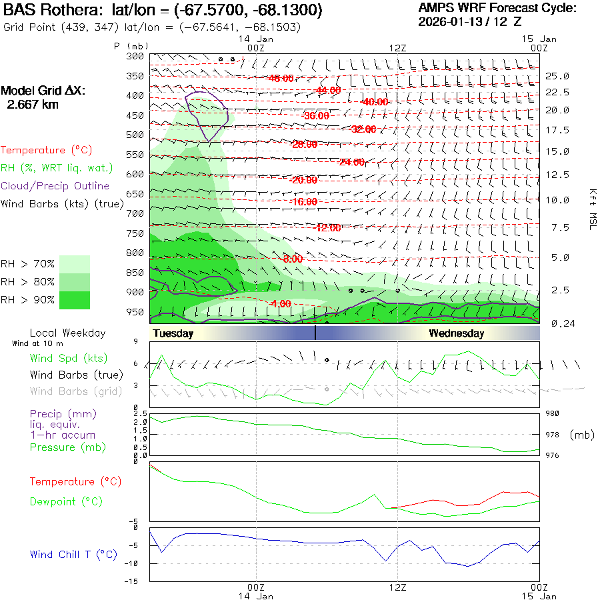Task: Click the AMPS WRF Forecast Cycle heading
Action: coord(497,8)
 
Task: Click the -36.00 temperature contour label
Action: coord(315,116)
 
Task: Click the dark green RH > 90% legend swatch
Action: coord(74,300)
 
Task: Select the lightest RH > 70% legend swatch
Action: coord(74,264)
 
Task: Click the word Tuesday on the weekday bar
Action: coord(173,333)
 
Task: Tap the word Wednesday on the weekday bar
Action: coord(456,333)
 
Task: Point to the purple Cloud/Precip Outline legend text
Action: coord(55,186)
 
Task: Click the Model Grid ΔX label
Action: coord(43,91)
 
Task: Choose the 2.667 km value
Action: coord(32,105)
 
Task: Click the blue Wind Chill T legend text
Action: coord(73,555)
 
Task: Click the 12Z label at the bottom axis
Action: coord(398,587)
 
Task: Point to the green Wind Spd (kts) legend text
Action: coord(69,359)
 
